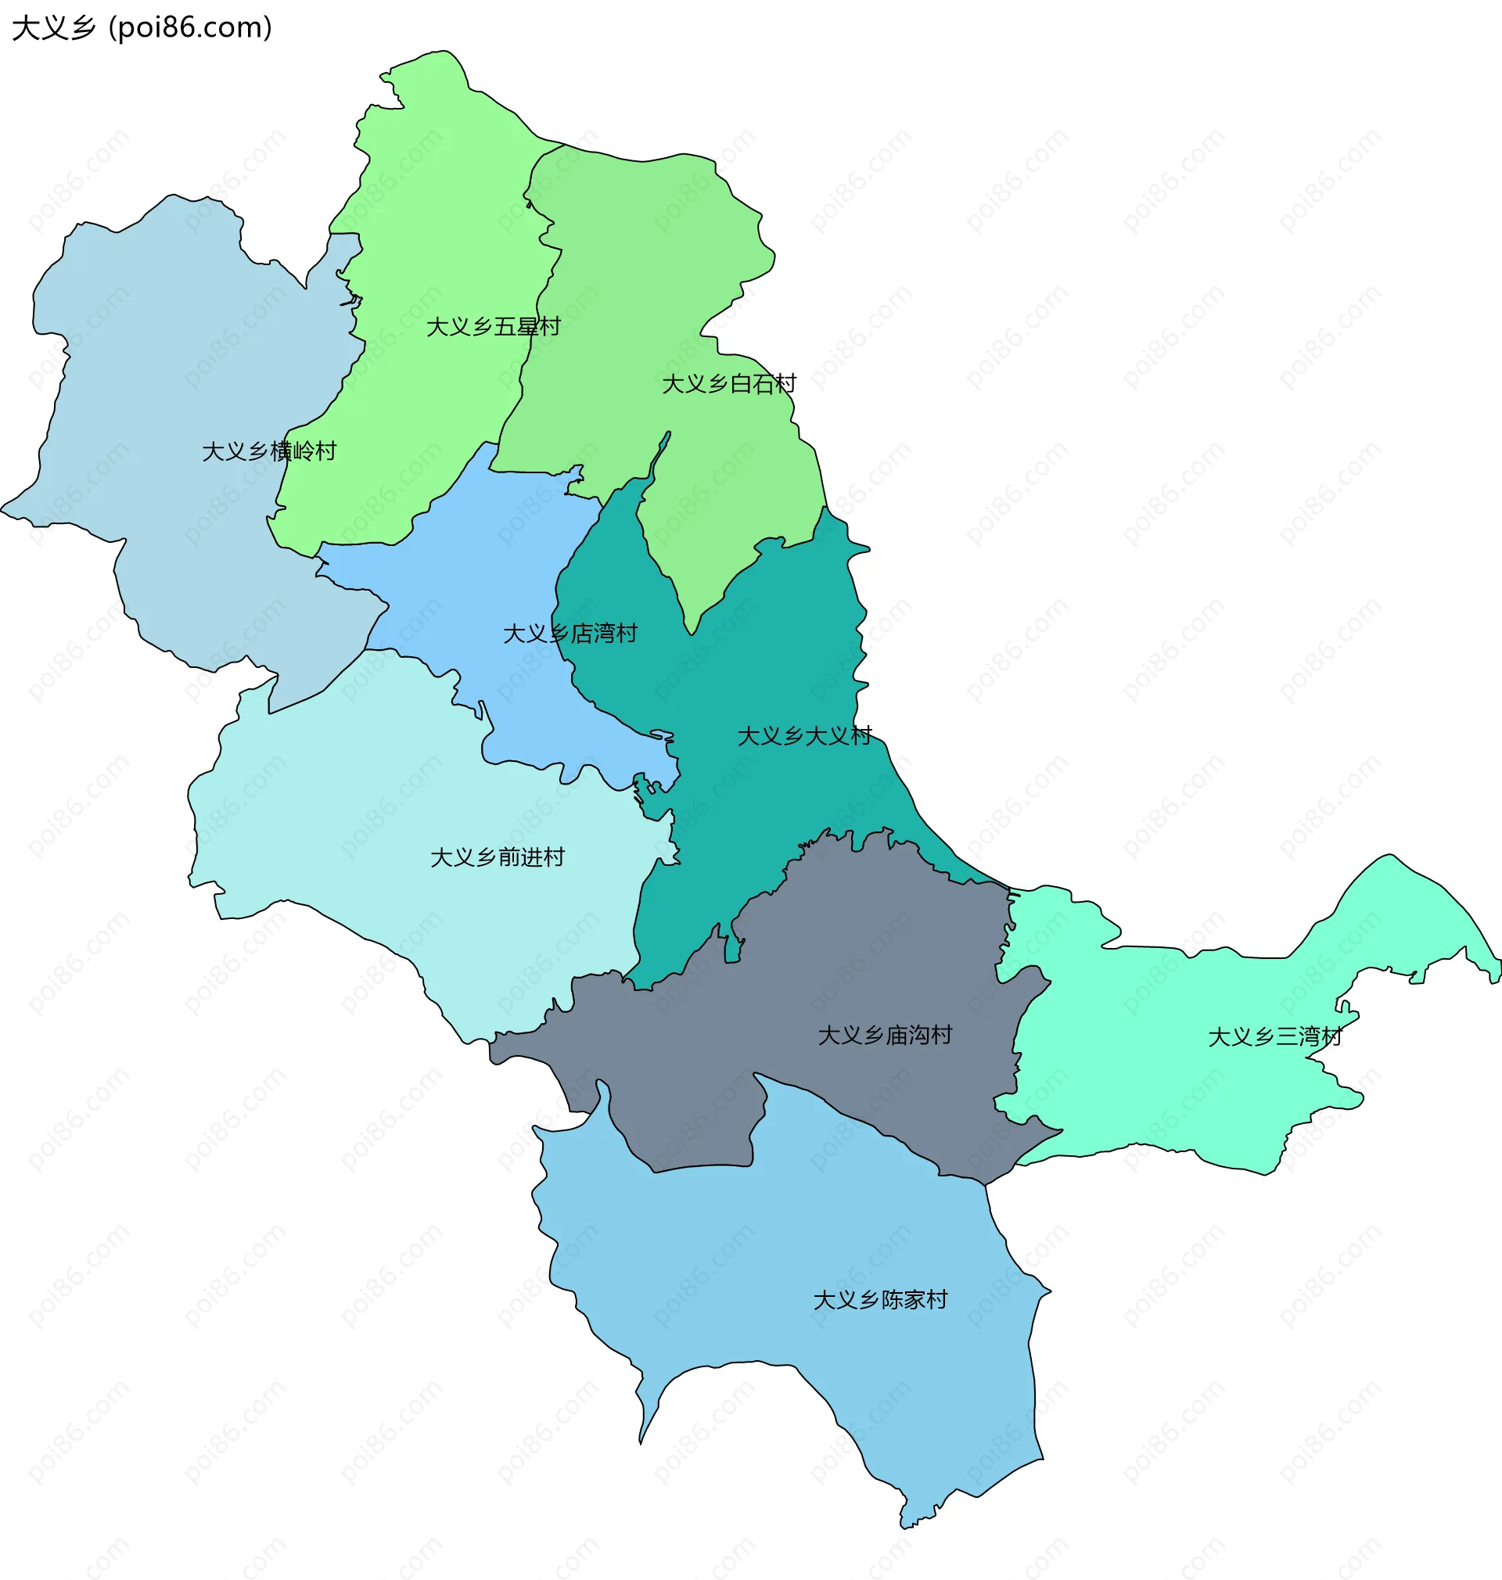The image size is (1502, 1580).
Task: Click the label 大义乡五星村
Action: [x=493, y=328]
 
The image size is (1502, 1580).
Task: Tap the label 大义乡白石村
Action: [x=728, y=384]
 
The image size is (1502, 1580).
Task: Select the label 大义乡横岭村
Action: [x=269, y=451]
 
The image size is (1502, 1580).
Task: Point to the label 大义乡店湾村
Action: [x=570, y=634]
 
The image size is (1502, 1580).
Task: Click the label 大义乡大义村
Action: [x=804, y=736]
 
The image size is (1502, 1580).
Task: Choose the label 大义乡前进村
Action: [x=498, y=858]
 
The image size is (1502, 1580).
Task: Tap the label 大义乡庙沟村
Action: [x=885, y=1036]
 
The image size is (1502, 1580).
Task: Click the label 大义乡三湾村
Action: [x=1274, y=1037]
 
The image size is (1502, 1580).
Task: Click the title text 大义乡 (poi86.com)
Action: [x=142, y=28]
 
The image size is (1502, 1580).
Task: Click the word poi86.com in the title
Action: [x=190, y=28]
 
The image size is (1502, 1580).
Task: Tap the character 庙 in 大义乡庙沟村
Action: [x=896, y=1036]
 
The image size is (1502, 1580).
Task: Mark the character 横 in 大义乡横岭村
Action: [x=280, y=451]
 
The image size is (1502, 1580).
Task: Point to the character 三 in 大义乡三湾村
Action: [x=1286, y=1037]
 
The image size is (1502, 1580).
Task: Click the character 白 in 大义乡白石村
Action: [x=741, y=384]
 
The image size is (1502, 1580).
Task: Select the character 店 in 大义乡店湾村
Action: [x=581, y=634]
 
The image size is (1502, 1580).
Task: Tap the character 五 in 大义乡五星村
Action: [x=505, y=328]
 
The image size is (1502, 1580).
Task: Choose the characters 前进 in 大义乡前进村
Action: [x=519, y=858]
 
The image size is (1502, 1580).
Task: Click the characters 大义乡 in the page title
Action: [x=54, y=28]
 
